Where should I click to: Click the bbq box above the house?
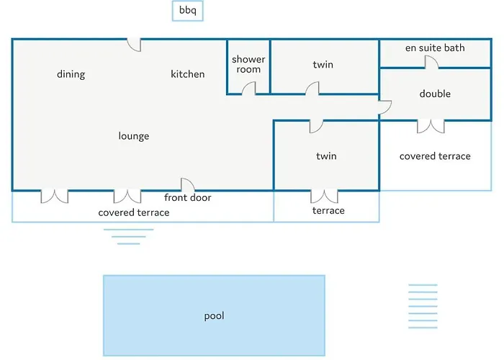[x=187, y=12]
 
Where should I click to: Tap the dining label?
[x=71, y=74]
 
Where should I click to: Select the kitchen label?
[x=187, y=74]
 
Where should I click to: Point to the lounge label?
[x=134, y=136]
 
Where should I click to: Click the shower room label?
[x=248, y=64]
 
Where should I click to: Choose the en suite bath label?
[x=435, y=48]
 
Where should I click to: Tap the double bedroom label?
[x=435, y=94]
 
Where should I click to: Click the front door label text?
[x=187, y=197]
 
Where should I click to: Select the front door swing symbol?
[x=187, y=185]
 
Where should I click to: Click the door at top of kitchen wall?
[x=134, y=45]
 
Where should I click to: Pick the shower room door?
[x=248, y=89]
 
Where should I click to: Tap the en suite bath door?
[x=431, y=63]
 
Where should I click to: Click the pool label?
[x=215, y=316]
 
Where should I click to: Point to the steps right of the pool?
[x=423, y=306]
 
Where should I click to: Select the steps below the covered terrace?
[x=128, y=236]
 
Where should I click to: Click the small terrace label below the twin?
[x=328, y=210]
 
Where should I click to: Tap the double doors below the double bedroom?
[x=431, y=126]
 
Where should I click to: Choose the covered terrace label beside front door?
[x=134, y=212]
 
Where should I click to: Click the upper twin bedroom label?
[x=323, y=65]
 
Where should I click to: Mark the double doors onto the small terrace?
[x=325, y=196]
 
